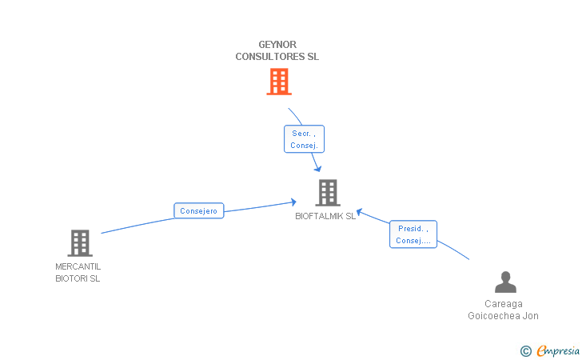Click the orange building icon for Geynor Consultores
click(278, 82)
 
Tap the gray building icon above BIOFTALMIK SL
click(327, 193)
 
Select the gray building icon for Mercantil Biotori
click(79, 242)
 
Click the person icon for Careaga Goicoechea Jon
click(505, 282)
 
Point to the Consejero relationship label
click(199, 211)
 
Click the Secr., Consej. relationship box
click(305, 139)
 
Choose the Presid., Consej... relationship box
click(413, 234)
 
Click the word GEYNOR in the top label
click(277, 45)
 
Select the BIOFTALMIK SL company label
click(325, 216)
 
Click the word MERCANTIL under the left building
click(78, 266)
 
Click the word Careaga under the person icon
click(504, 304)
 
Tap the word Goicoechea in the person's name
click(494, 316)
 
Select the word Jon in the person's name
click(531, 316)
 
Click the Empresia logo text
click(558, 350)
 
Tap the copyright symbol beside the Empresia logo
click(525, 350)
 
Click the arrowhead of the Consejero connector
click(294, 202)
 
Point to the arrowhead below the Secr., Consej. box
click(317, 168)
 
